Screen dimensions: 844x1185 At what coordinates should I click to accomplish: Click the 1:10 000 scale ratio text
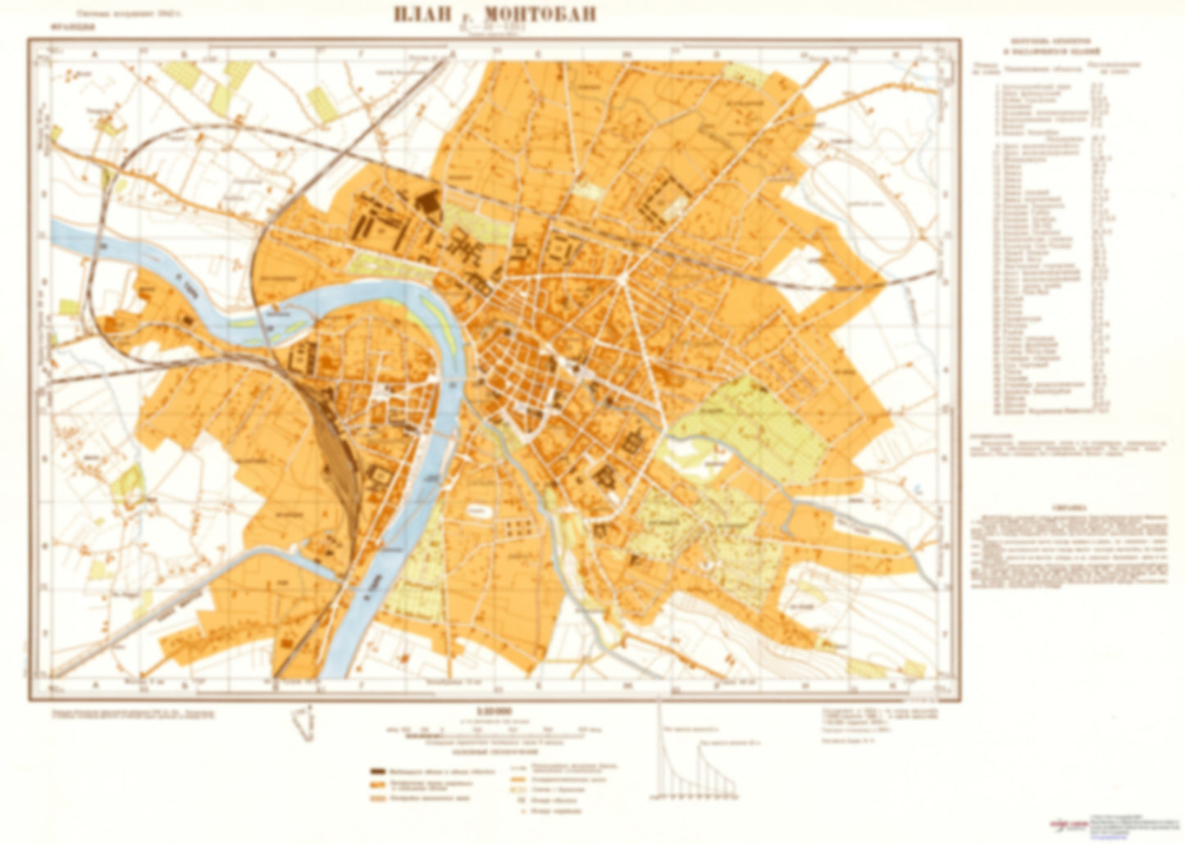click(492, 712)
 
